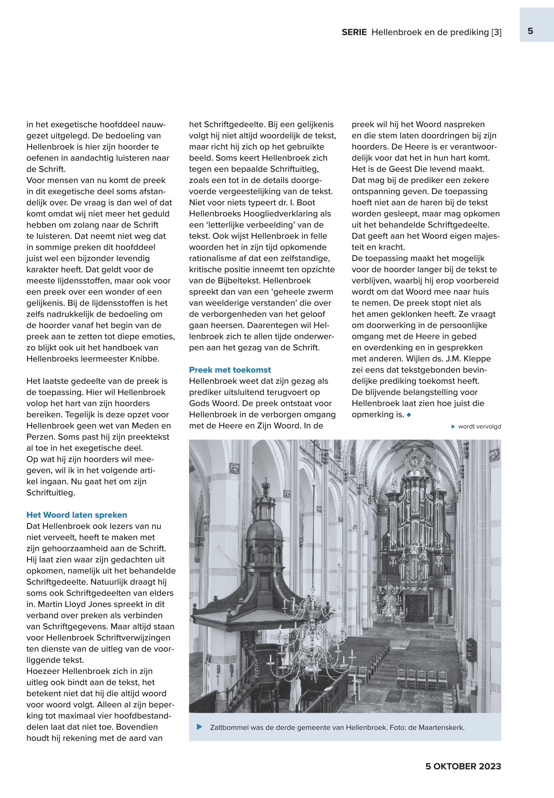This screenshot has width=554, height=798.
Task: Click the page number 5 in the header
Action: pos(530,31)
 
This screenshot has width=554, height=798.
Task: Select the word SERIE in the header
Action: pos(354,33)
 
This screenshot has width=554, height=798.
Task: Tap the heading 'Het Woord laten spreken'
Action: pos(77,515)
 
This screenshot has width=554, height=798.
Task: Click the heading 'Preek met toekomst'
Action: pos(230,370)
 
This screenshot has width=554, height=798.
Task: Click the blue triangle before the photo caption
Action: pos(200,727)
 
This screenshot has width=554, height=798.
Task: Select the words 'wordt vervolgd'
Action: pos(479,427)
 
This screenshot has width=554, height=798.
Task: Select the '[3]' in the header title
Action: pos(496,33)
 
